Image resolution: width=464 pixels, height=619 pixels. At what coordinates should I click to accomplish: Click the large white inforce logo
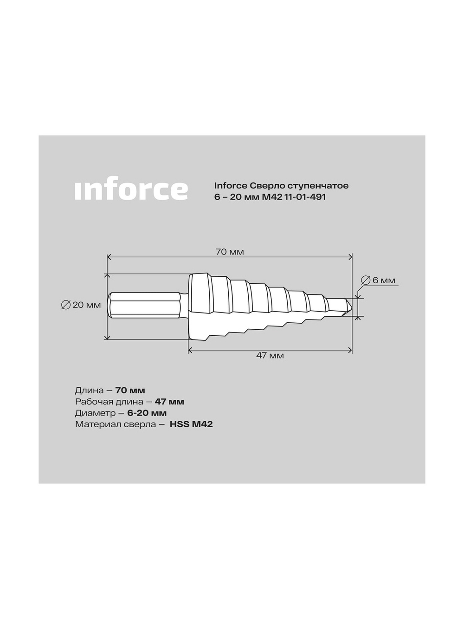131,190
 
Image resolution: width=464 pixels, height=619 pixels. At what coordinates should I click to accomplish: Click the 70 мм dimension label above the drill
230,252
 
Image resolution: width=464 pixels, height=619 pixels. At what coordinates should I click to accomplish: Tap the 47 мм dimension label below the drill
270,356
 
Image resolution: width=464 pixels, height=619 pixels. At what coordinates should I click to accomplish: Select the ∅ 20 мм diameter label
81,305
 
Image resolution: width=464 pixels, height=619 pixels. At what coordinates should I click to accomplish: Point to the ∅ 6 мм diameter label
378,280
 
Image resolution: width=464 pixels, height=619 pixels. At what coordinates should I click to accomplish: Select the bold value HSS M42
191,424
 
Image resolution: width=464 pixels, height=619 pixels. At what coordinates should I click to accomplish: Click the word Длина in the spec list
90,391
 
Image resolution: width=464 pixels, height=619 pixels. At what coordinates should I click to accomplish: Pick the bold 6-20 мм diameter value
147,413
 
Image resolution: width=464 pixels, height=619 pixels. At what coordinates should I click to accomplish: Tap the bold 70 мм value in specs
130,391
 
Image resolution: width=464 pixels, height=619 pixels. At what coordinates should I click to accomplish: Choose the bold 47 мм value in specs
169,402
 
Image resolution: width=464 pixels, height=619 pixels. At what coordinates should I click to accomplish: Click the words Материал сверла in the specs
116,424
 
